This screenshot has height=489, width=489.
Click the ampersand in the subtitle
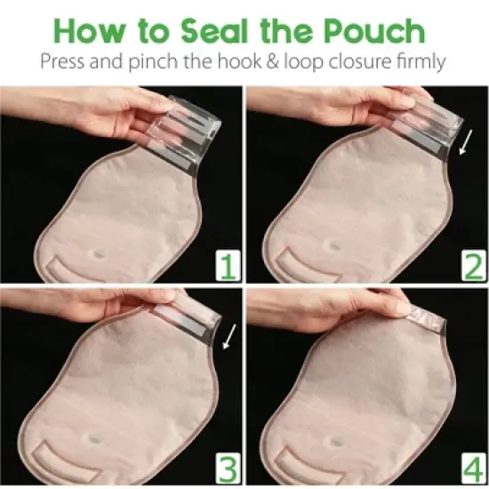coord(283,65)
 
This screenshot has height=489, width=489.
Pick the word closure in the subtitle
coord(356,65)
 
